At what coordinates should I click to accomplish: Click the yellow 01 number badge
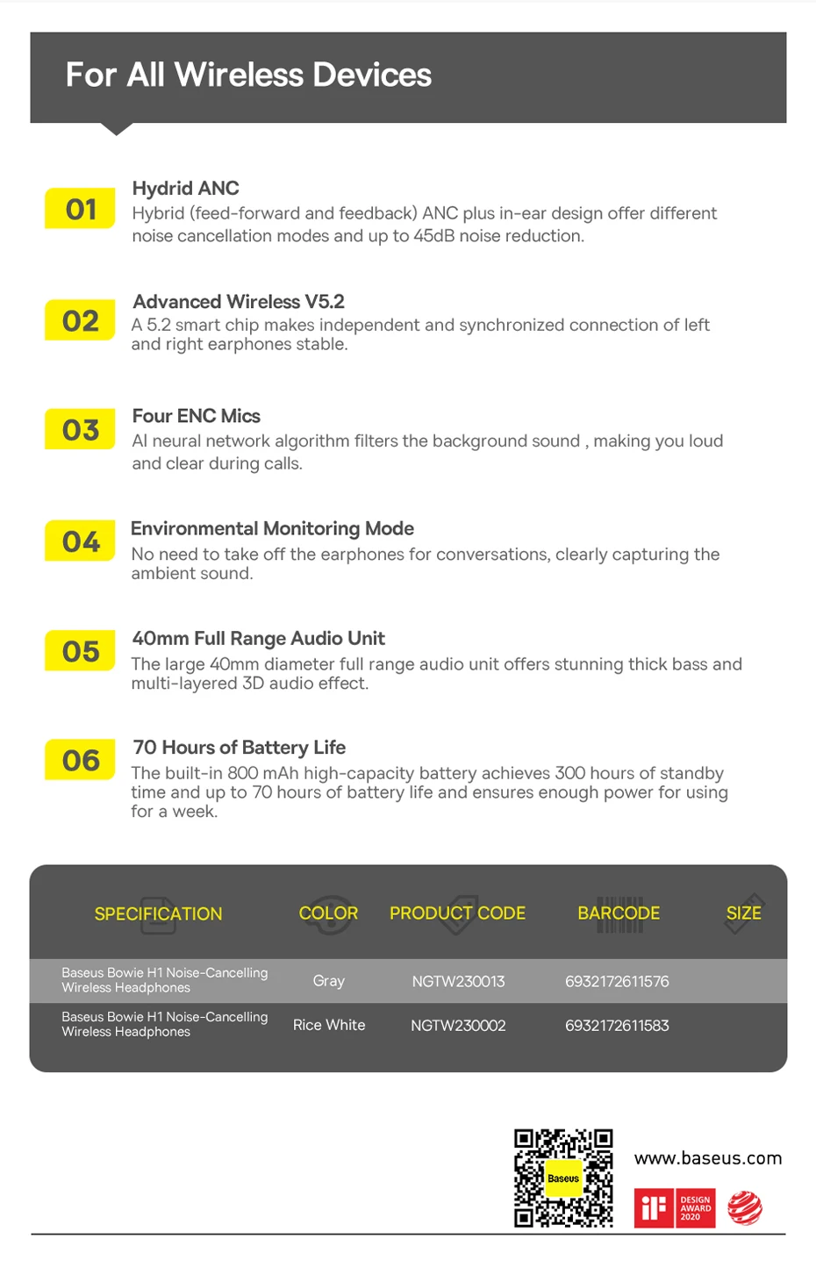[x=80, y=209]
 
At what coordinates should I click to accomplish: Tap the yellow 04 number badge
[x=80, y=541]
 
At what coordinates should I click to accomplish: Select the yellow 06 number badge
[x=80, y=760]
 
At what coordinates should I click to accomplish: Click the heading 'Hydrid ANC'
[x=185, y=188]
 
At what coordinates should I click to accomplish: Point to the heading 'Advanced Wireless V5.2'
[x=239, y=302]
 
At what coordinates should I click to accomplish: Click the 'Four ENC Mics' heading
[x=196, y=416]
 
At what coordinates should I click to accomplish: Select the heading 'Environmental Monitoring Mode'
[x=272, y=528]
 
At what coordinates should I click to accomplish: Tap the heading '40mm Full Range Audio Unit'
[x=258, y=638]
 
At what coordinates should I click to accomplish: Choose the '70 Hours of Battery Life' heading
[x=239, y=748]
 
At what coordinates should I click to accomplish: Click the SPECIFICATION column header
[x=158, y=913]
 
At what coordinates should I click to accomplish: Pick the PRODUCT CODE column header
[x=457, y=913]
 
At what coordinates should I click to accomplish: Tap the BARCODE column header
[x=619, y=913]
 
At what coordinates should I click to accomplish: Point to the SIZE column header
[x=743, y=913]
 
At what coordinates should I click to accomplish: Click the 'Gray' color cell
[x=328, y=981]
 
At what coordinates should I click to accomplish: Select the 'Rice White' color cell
[x=329, y=1025]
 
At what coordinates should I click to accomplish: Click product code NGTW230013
[x=458, y=981]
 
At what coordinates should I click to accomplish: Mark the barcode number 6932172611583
[x=617, y=1025]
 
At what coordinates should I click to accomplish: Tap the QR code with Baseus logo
[x=563, y=1178]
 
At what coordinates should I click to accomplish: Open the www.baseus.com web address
[x=707, y=1158]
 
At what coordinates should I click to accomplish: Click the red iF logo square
[x=653, y=1208]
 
